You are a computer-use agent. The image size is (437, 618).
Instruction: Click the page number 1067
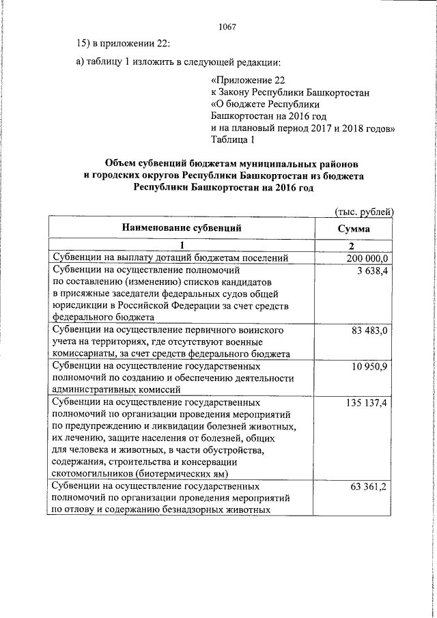[x=227, y=27]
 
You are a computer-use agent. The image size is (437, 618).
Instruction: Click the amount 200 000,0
[x=367, y=257]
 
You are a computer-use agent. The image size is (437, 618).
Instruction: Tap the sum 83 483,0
[x=369, y=331]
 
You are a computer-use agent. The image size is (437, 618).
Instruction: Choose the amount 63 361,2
[x=369, y=487]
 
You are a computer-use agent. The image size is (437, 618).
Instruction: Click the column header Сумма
[x=354, y=228]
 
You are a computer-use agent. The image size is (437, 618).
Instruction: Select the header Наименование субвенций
[x=182, y=228]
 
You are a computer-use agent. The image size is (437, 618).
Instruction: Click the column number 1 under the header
[x=182, y=246]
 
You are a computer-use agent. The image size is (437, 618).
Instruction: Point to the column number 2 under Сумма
[x=354, y=246]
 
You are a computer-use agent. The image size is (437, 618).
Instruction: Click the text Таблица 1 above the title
[x=233, y=141]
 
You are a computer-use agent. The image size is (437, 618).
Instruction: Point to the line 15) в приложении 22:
[x=123, y=44]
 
